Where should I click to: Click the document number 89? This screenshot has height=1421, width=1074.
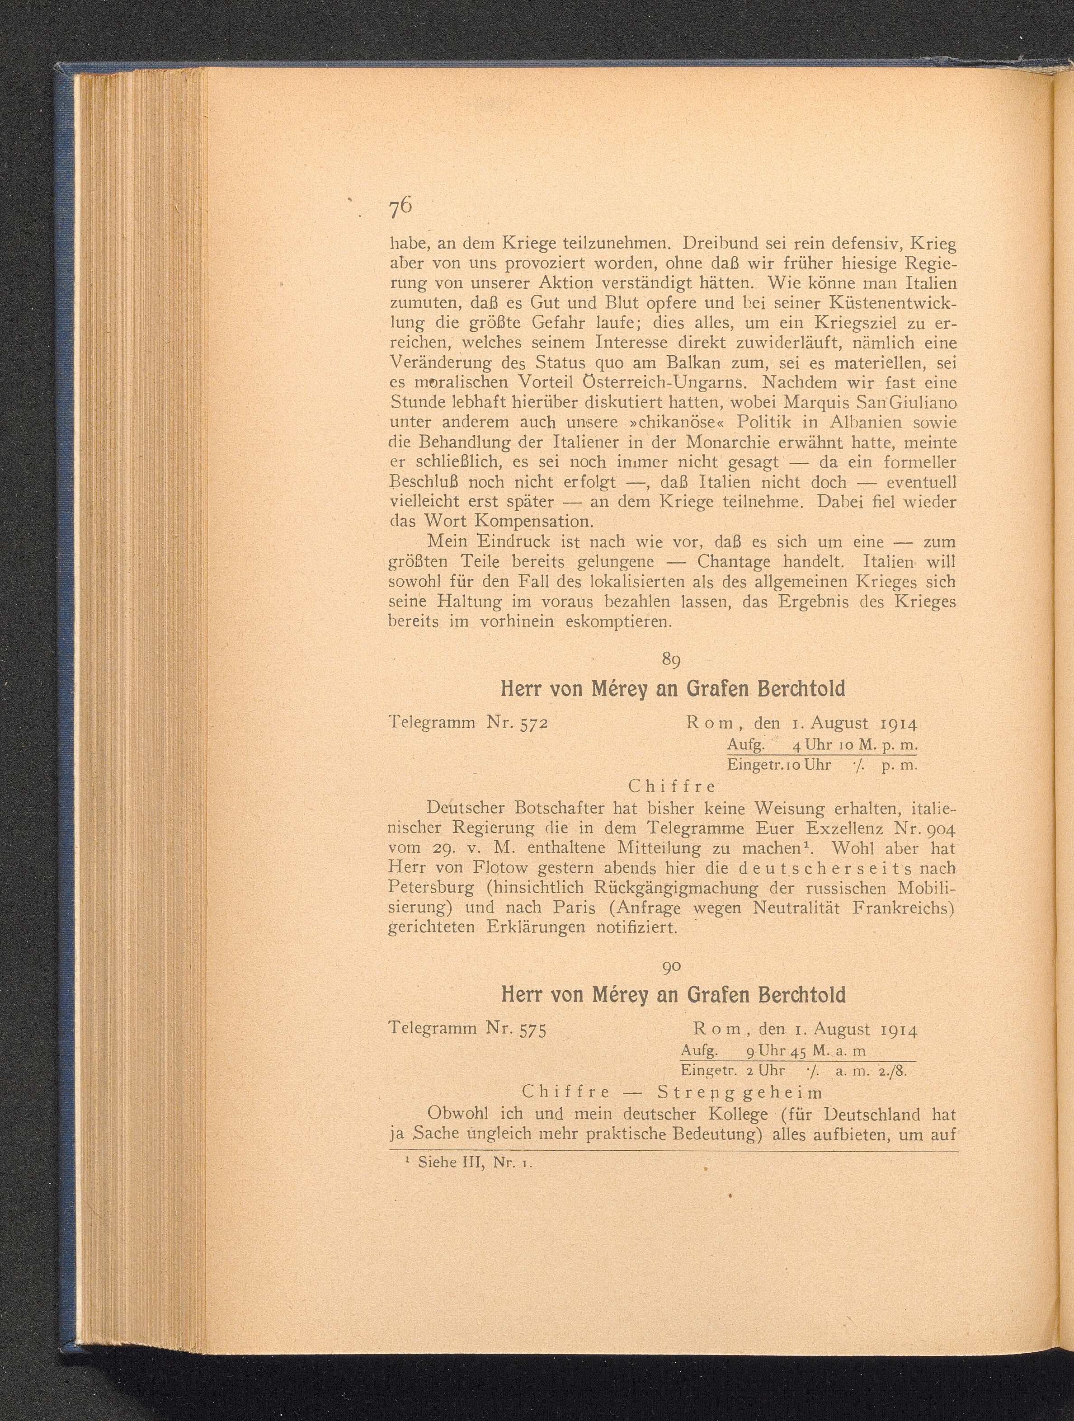click(671, 660)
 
